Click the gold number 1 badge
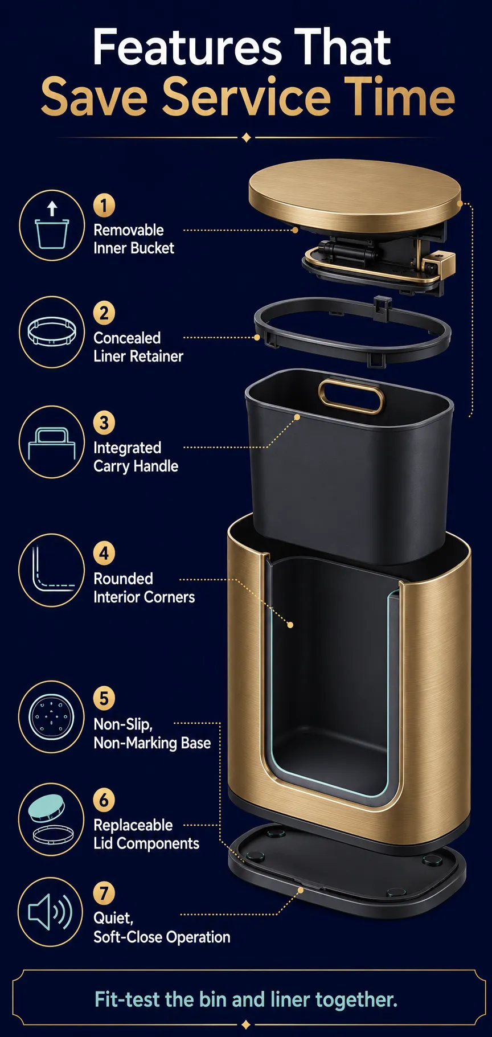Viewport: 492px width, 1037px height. click(x=104, y=206)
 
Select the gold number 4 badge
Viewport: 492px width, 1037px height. click(x=104, y=553)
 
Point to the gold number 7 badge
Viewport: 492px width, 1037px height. click(x=104, y=893)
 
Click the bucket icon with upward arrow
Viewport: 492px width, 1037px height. click(x=52, y=226)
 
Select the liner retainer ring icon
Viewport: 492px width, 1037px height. click(x=52, y=332)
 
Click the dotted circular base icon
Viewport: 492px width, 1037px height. click(x=51, y=717)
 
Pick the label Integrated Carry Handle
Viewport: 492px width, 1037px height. click(x=136, y=457)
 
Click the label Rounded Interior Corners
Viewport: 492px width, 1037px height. click(x=144, y=588)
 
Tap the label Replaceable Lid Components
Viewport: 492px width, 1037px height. click(x=146, y=834)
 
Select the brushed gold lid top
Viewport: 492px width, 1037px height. click(x=355, y=192)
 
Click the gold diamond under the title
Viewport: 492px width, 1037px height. click(x=246, y=138)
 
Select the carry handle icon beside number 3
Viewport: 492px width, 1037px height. click(x=52, y=442)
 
